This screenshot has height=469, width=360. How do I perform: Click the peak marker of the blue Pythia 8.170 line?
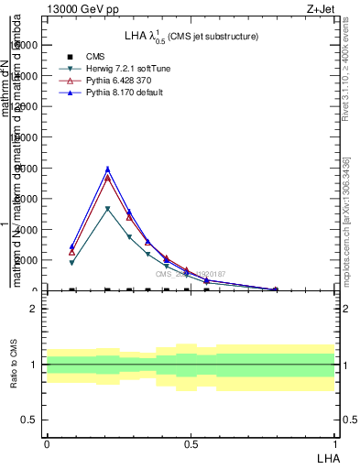[107, 169]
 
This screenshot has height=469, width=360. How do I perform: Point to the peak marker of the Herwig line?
[107, 209]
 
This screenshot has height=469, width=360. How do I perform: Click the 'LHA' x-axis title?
[326, 457]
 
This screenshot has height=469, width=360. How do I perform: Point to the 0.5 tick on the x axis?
[191, 444]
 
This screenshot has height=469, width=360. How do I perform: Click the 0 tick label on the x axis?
[47, 444]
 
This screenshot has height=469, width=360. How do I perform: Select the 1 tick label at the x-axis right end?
[335, 444]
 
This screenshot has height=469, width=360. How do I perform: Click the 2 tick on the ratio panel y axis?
[34, 309]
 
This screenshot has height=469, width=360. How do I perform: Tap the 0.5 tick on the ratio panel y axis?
[30, 420]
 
